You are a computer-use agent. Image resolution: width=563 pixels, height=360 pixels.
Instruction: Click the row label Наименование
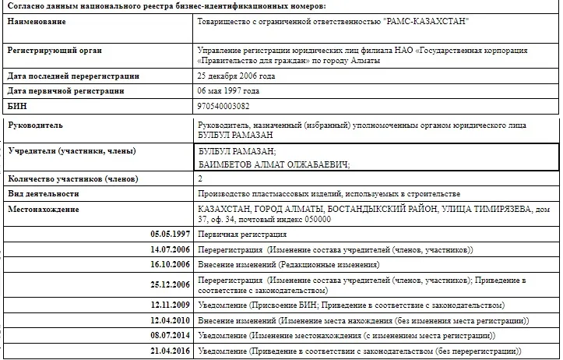pos(37,20)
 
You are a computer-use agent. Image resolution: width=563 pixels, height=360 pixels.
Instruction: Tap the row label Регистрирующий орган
pos(55,51)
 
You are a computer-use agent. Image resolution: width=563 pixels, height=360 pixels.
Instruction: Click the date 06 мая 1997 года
pos(232,91)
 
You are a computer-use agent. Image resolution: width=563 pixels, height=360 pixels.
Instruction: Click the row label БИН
pos(18,105)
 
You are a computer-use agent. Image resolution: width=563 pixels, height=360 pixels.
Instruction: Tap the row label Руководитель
pos(35,125)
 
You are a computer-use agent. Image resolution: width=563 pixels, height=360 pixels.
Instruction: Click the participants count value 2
pos(202,179)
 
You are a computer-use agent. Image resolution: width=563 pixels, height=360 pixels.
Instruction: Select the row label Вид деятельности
pos(44,194)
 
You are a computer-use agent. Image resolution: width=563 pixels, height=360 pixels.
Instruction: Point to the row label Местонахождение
pos(45,210)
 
